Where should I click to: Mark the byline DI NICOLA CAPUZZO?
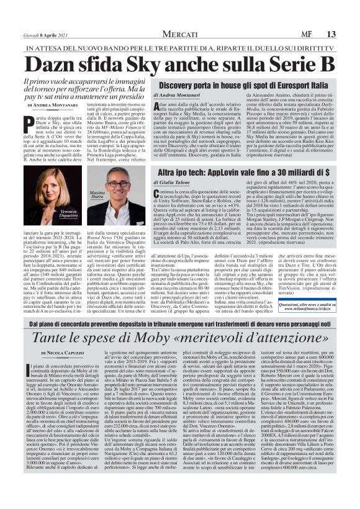(x=51, y=352)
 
